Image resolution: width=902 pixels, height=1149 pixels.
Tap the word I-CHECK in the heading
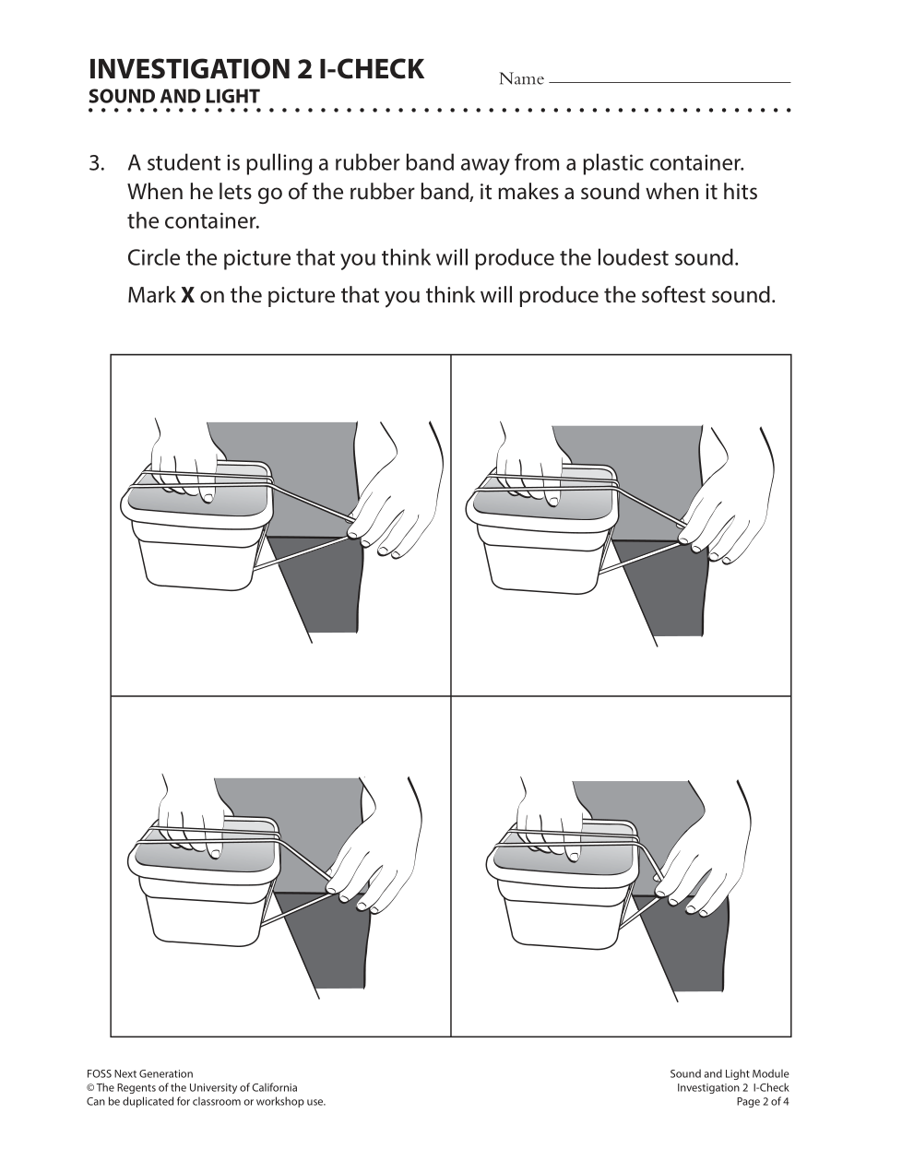[371, 69]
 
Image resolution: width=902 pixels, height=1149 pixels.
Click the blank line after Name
[670, 82]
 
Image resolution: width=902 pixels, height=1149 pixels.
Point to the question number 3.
[96, 163]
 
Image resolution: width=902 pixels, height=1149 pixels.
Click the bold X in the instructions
[188, 295]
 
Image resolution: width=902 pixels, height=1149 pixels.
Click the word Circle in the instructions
[154, 258]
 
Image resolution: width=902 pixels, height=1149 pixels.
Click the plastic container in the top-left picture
[196, 527]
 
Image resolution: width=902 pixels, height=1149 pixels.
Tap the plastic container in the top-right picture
[542, 530]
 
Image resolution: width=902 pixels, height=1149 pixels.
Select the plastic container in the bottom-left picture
[204, 883]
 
